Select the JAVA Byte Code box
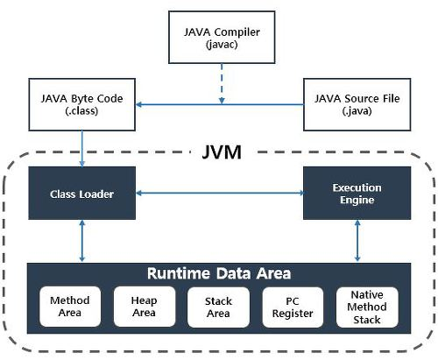pyautogui.click(x=81, y=104)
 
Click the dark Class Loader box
pyautogui.click(x=81, y=194)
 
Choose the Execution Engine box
pyautogui.click(x=357, y=194)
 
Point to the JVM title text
pyautogui.click(x=219, y=155)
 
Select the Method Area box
pyautogui.click(x=71, y=306)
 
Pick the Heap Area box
pyautogui.click(x=145, y=306)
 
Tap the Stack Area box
pyautogui.click(x=218, y=306)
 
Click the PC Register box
pyautogui.click(x=293, y=306)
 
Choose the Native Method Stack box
pyautogui.click(x=367, y=306)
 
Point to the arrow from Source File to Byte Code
pyautogui.click(x=219, y=104)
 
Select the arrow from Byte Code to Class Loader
pyautogui.click(x=81, y=146)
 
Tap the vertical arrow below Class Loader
pyautogui.click(x=81, y=240)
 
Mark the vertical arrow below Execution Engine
pyautogui.click(x=357, y=240)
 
